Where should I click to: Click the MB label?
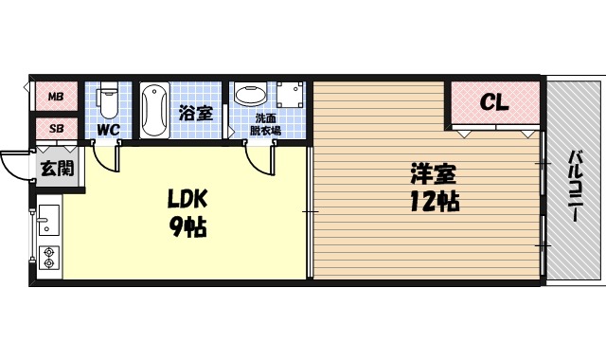pos(56,97)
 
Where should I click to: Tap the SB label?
pos(56,128)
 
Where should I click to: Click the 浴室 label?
pos(195,113)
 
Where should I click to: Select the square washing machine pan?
pos(291,95)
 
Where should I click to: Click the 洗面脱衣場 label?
pos(267,124)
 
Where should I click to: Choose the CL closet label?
pos(493,102)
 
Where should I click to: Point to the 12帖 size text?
pos(435,202)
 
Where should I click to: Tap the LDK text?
pos(187,200)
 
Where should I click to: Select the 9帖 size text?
pos(187,227)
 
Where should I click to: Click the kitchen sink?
pos(48,223)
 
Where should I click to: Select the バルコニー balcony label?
pos(575,187)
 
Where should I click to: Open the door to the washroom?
pos(258,161)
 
